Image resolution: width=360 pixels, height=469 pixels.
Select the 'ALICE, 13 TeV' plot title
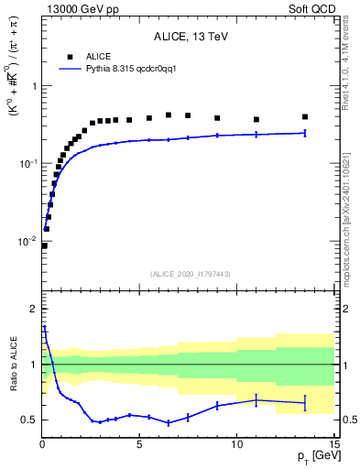pos(189,37)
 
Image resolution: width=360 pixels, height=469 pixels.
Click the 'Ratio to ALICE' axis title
pos(13,365)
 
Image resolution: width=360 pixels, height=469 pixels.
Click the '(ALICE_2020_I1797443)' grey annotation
pos(189,274)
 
